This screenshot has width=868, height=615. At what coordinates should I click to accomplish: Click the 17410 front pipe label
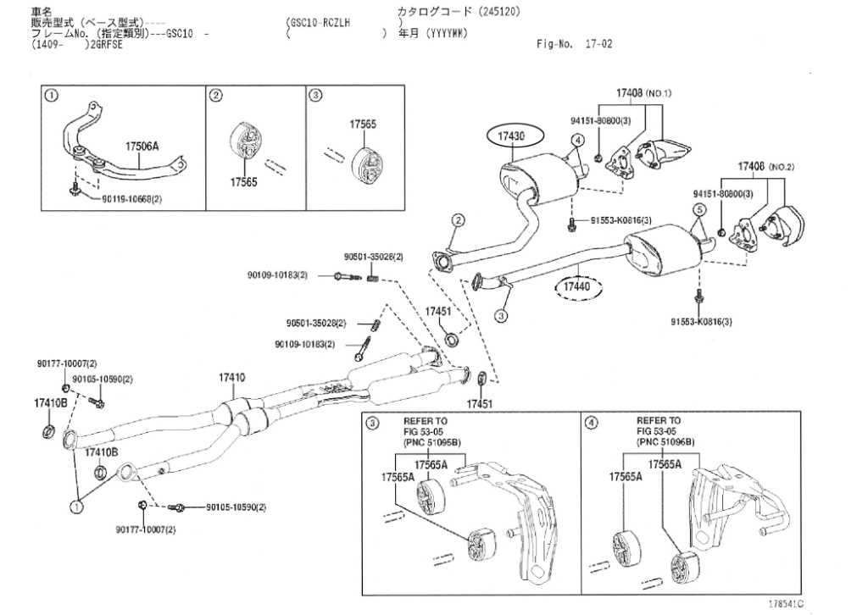click(232, 377)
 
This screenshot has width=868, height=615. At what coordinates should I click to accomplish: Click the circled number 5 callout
click(699, 209)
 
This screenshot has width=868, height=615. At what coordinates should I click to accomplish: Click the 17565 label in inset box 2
click(243, 181)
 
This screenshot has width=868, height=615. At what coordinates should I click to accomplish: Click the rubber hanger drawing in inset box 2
click(245, 146)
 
